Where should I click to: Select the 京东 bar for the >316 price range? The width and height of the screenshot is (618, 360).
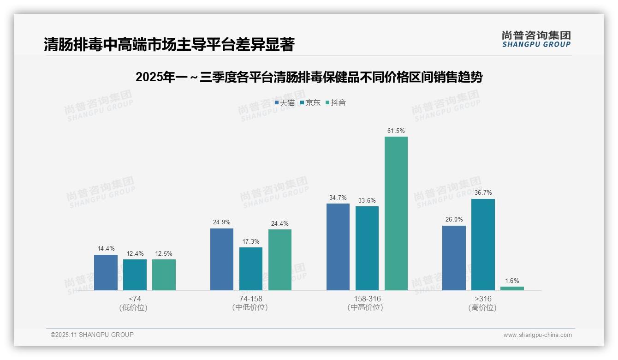pyautogui.click(x=483, y=245)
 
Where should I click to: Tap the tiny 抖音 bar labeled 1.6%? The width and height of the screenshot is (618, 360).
pyautogui.click(x=512, y=288)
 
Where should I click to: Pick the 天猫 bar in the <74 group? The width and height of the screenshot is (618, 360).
pyautogui.click(x=106, y=272)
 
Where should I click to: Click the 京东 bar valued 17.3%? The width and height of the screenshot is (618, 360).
pyautogui.click(x=251, y=269)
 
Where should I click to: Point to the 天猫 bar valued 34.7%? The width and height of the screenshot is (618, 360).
pyautogui.click(x=338, y=247)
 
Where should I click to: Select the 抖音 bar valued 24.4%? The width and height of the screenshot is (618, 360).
pyautogui.click(x=280, y=260)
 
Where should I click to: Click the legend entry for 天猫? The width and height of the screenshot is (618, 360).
pyautogui.click(x=285, y=103)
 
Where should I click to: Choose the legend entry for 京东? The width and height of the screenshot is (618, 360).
pyautogui.click(x=310, y=103)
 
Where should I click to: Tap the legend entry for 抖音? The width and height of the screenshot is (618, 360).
pyautogui.click(x=336, y=103)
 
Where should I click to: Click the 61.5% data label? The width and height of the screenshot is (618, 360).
pyautogui.click(x=396, y=131)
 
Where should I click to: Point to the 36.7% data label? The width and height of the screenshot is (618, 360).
pyautogui.click(x=483, y=193)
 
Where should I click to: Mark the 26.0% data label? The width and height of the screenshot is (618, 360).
pyautogui.click(x=454, y=220)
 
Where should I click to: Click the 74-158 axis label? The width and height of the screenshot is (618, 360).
pyautogui.click(x=250, y=299)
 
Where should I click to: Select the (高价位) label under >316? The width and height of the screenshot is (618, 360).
pyautogui.click(x=482, y=308)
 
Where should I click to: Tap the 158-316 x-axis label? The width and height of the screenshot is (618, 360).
pyautogui.click(x=367, y=299)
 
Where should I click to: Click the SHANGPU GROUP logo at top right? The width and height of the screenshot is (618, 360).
pyautogui.click(x=536, y=39)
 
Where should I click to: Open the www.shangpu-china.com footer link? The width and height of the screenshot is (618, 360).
pyautogui.click(x=537, y=335)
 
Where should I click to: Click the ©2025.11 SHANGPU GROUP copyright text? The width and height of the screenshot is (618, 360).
pyautogui.click(x=92, y=335)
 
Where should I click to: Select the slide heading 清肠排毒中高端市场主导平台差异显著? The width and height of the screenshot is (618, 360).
pyautogui.click(x=169, y=44)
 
